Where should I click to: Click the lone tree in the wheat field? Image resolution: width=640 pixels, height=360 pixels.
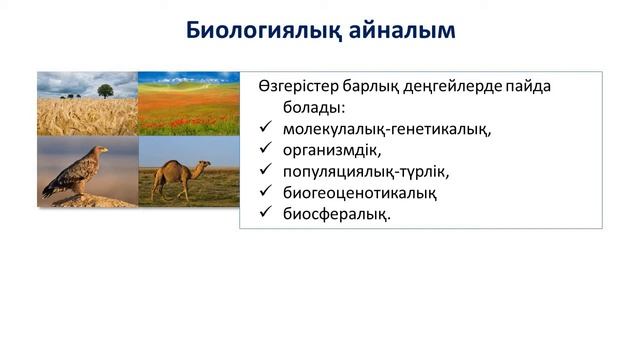coord(105,90)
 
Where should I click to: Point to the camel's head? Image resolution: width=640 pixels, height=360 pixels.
coord(205,162)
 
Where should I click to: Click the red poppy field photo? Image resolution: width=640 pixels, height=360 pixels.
coord(188,105)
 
